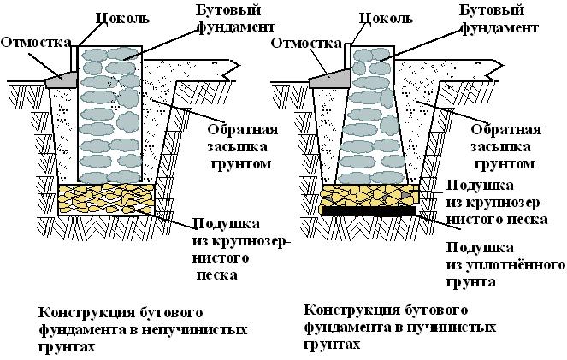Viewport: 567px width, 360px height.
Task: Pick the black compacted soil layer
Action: (x=368, y=210)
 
